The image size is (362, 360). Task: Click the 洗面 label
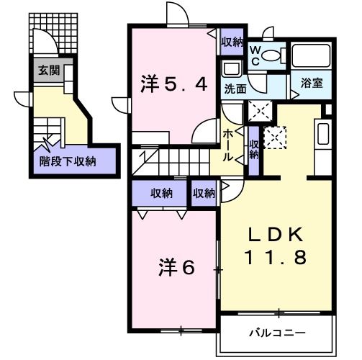click(235, 90)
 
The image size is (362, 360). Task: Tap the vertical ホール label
click(227, 148)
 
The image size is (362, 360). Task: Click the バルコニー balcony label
click(278, 333)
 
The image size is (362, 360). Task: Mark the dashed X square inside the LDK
click(273, 137)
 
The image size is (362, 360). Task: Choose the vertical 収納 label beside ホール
click(253, 150)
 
